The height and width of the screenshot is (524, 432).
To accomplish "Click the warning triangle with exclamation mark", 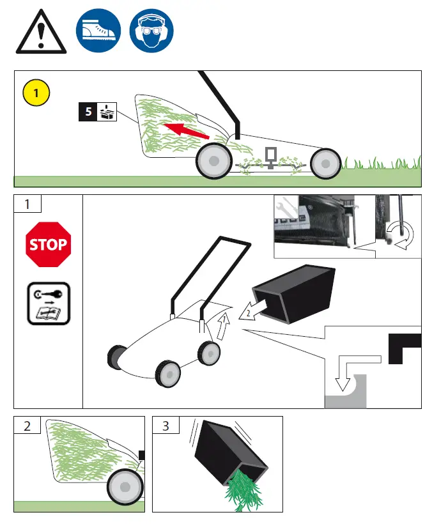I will click(41, 32).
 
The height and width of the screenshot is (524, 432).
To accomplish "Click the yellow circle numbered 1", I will click(36, 93).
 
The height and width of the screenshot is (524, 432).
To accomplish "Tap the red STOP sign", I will click(48, 244).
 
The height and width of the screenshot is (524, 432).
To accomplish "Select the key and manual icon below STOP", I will click(48, 303).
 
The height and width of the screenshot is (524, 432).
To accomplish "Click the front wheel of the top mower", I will click(325, 164).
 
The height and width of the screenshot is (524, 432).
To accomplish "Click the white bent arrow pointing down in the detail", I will click(346, 374).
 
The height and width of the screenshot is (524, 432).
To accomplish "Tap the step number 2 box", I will click(27, 426).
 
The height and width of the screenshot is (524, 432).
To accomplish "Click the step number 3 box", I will click(166, 426).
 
